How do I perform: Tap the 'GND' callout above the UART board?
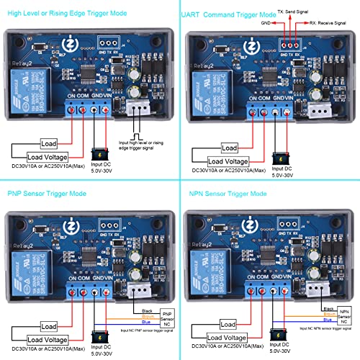266,22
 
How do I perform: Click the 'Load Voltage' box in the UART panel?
229,161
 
